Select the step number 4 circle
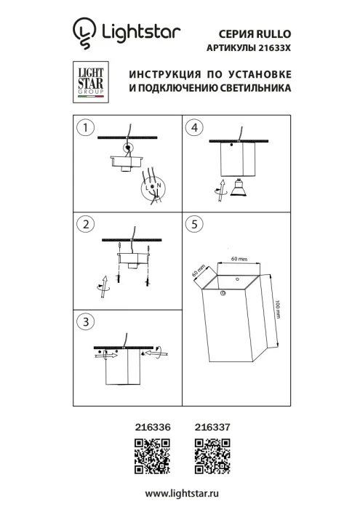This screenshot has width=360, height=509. pyautogui.click(x=193, y=129)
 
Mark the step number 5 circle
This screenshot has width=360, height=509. pyautogui.click(x=193, y=225)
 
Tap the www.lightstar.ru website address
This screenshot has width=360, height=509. pyautogui.click(x=181, y=494)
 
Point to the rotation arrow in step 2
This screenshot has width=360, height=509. pyautogui.click(x=101, y=286)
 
